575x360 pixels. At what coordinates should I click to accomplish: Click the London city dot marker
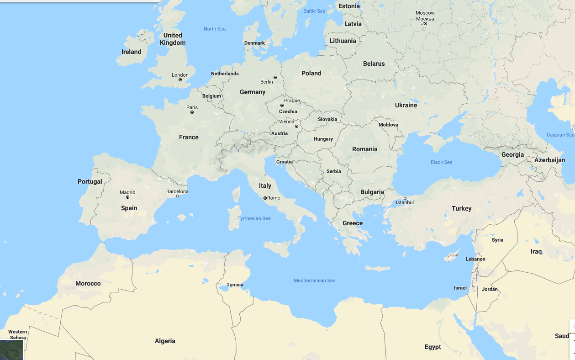point(180,80)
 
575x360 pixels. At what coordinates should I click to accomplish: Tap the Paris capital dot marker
point(192,112)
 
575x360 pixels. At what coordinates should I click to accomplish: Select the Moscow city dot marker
point(425,23)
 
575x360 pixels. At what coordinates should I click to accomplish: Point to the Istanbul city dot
point(405,198)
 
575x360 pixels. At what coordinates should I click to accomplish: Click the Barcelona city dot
point(178,196)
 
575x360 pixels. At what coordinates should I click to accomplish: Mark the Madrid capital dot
point(127,197)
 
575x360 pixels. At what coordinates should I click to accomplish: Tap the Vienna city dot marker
point(296,126)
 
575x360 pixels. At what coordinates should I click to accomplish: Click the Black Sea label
point(441,162)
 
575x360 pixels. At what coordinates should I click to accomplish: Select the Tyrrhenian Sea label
point(254,218)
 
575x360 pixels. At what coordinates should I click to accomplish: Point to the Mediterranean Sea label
point(314,281)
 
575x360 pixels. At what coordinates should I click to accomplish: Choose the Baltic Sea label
point(314,11)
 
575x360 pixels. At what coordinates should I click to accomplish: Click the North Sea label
point(215,29)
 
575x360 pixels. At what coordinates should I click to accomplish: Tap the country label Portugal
point(90,181)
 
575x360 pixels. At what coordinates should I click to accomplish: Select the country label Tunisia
point(235,285)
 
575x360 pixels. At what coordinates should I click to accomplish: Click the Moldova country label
point(388,125)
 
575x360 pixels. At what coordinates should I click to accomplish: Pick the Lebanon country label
point(475,259)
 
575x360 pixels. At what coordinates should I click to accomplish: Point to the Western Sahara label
point(17,334)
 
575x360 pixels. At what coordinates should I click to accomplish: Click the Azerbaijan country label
point(549,160)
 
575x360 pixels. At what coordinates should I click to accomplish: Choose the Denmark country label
point(254,43)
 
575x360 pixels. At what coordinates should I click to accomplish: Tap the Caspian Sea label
point(560,135)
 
